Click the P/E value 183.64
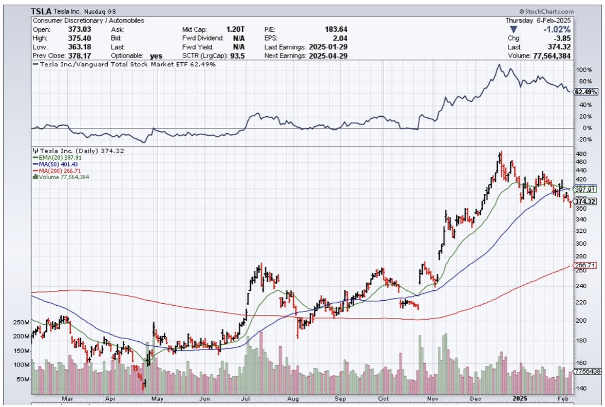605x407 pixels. [336, 29]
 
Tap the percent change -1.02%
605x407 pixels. [558, 29]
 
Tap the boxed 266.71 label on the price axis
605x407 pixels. [585, 266]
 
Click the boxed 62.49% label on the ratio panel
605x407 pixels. [585, 92]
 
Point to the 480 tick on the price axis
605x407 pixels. [580, 154]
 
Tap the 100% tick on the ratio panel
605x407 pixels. [583, 69]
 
